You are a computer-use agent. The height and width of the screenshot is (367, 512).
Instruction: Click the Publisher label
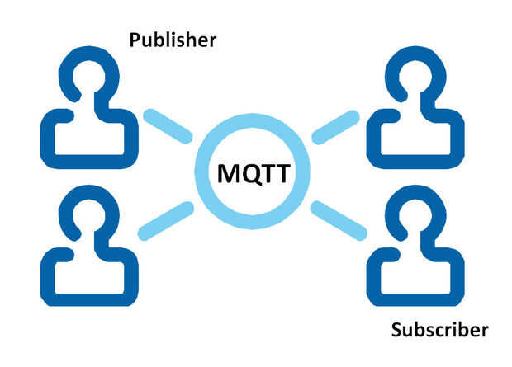click(173, 40)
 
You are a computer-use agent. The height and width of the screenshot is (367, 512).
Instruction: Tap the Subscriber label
click(440, 330)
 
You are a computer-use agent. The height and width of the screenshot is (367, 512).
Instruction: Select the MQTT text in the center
click(254, 173)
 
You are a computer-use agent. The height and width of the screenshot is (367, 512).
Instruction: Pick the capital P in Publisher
click(135, 40)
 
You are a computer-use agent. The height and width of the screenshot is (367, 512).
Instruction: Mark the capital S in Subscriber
click(396, 330)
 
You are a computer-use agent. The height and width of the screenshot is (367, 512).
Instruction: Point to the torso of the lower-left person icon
click(89, 299)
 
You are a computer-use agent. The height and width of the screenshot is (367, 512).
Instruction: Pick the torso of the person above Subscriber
click(415, 299)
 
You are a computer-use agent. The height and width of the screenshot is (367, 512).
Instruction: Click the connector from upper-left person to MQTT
click(168, 126)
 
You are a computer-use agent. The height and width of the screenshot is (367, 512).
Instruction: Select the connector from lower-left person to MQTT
click(166, 221)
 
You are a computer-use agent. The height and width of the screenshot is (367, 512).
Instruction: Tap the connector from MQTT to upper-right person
click(335, 127)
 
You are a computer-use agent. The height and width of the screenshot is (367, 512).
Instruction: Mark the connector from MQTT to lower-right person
click(339, 221)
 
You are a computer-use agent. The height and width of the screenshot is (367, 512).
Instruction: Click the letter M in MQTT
click(230, 173)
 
